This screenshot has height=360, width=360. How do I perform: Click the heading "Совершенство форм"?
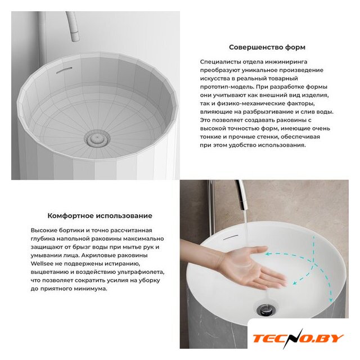point(267,47)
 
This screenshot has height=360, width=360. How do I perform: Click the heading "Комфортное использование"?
point(100,216)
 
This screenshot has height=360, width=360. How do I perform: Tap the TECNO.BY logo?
point(298,339)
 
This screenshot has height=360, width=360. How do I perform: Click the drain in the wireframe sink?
point(97,138)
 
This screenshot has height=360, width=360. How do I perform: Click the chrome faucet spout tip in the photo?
point(244,206)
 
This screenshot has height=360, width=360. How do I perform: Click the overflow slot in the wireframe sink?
point(64,70)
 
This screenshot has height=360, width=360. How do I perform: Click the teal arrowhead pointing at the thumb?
point(268,254)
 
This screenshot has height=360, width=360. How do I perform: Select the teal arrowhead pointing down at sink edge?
point(331,300)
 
